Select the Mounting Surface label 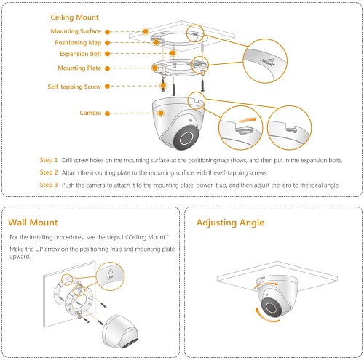[76, 31]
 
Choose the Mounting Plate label [79, 68]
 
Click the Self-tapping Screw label [73, 87]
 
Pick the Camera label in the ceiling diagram [90, 113]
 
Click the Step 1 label [48, 160]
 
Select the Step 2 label [48, 172]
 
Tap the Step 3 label [48, 185]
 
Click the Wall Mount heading [33, 222]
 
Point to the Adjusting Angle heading [230, 222]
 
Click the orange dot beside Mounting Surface [108, 31]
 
